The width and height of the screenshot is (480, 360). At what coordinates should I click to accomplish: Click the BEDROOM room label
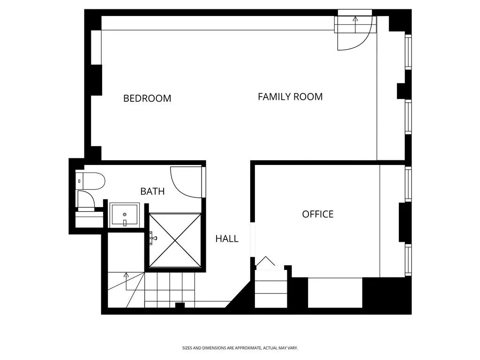147,98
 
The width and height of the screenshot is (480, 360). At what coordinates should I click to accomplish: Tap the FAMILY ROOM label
290,97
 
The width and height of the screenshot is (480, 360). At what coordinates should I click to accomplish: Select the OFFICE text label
317,214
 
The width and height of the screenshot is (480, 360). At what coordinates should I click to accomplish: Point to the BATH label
152,191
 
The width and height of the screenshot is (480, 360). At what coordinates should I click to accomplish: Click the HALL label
227,239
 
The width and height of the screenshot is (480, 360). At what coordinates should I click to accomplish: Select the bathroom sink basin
124,215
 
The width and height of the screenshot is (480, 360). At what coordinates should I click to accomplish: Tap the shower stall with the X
175,240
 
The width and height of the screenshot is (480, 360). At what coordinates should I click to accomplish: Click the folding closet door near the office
265,261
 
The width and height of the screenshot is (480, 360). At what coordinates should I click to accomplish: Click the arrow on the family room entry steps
355,19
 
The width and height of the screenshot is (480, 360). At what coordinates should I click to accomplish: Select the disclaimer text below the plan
240,348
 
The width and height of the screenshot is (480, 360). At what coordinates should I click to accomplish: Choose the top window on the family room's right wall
408,52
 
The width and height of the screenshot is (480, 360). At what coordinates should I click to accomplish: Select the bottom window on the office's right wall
408,260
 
